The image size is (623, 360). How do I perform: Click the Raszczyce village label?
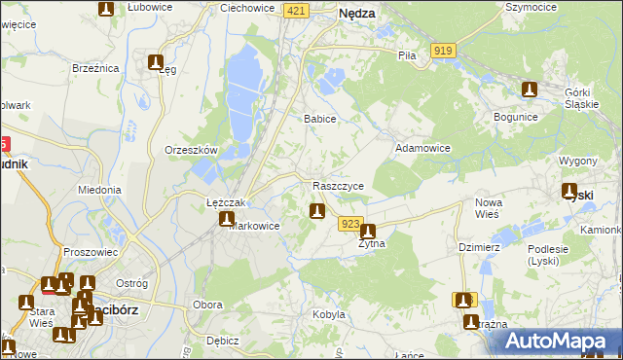tap(339, 185)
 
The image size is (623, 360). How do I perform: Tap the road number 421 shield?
tap(298, 10)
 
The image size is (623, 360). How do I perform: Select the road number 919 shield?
tap(444, 51)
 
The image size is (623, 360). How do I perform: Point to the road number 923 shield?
tap(351, 224)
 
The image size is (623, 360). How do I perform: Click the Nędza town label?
tap(358, 14)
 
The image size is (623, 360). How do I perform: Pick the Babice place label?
tap(320, 119)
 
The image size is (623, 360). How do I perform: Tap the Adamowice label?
tap(421, 148)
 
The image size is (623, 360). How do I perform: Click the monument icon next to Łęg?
tap(155, 62)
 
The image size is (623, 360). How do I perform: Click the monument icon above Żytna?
tap(368, 232)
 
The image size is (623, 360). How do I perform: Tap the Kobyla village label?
tap(329, 314)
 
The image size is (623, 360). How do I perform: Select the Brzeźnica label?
tap(95, 68)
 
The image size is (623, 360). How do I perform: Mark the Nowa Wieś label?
tap(488, 207)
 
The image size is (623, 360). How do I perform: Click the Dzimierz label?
tap(479, 247)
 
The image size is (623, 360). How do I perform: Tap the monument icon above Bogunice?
tap(530, 90)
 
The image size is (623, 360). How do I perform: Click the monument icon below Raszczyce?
tap(316, 210)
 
